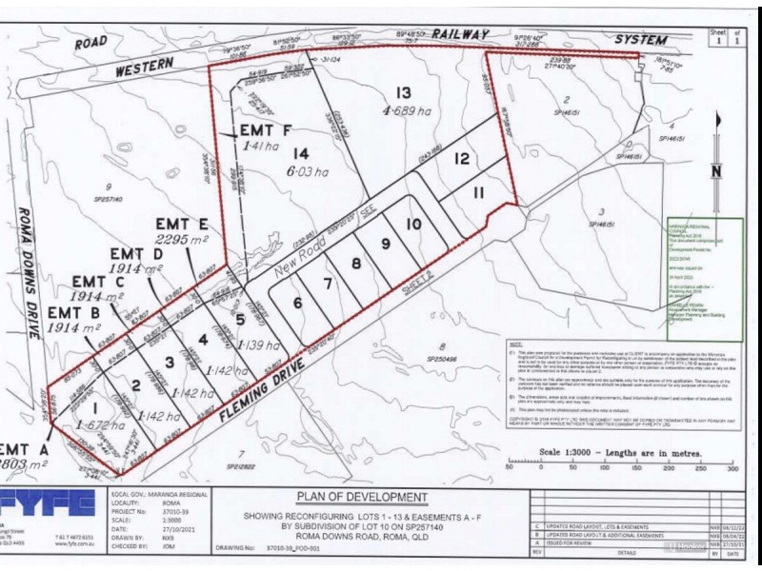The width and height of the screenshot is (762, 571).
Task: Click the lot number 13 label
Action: point(404,92)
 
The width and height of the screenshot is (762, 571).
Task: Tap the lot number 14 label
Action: point(301,152)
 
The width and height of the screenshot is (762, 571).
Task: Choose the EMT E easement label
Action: point(186,225)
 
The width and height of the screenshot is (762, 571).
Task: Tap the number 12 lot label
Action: point(462,159)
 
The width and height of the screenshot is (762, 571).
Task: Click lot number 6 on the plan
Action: point(298,304)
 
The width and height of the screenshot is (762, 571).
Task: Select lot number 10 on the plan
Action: point(412,225)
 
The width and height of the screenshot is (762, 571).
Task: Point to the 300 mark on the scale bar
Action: point(732,468)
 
